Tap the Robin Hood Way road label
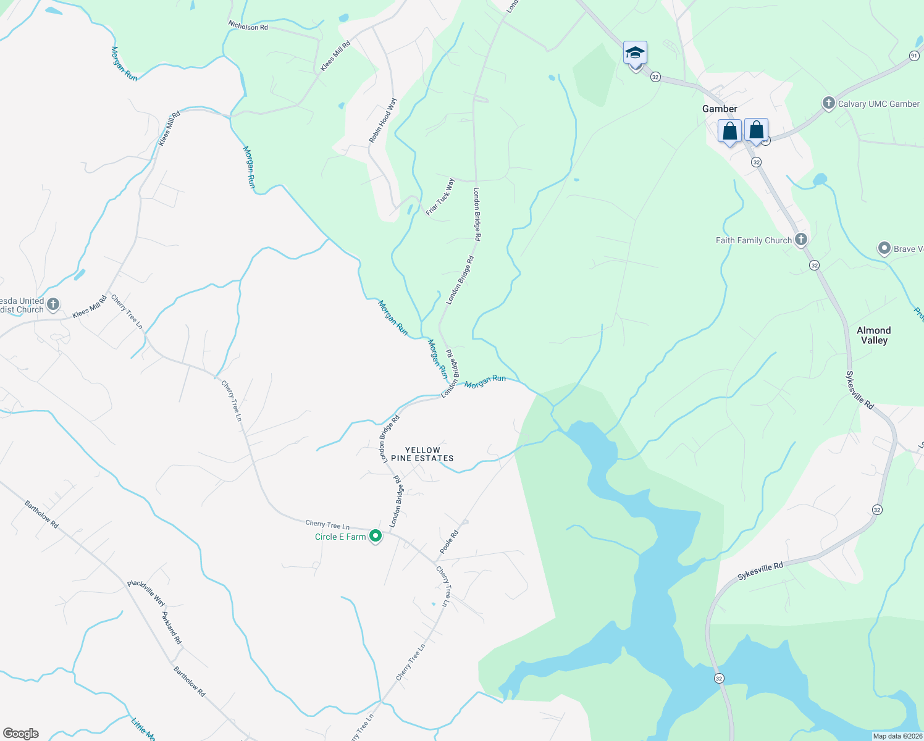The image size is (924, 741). click(x=383, y=120)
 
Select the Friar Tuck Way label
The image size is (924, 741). click(x=440, y=197)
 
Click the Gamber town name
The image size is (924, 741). click(x=720, y=109)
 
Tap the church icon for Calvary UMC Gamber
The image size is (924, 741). click(x=829, y=104)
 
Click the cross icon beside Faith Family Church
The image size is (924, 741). click(x=801, y=240)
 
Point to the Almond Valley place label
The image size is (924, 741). click(x=873, y=335)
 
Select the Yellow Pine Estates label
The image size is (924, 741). click(x=422, y=454)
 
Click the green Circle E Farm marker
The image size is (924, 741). click(x=375, y=536)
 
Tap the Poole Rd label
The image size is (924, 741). click(x=449, y=541)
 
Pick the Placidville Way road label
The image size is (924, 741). click(x=146, y=593)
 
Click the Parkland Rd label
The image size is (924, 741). click(x=172, y=628)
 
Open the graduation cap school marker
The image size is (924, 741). click(x=635, y=54)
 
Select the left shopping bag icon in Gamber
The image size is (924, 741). click(x=729, y=132)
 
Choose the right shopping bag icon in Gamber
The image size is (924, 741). click(x=756, y=130)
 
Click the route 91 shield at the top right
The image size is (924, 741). click(x=914, y=56)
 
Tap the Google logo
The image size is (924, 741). click(x=20, y=734)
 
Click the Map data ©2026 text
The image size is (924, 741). click(x=896, y=736)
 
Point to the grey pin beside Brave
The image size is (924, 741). click(x=884, y=249)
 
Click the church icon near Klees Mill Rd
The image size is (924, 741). click(x=54, y=304)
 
